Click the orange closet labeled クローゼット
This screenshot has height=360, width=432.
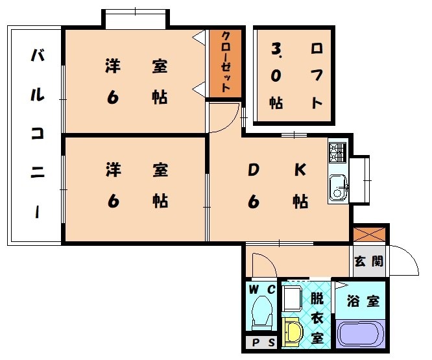pyautogui.click(x=225, y=63)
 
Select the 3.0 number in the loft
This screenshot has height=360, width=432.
pyautogui.click(x=277, y=62)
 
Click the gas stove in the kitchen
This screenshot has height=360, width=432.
pyautogui.click(x=338, y=153)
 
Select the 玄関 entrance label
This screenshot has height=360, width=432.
pyautogui.click(x=368, y=263)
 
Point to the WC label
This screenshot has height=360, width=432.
pyautogui.click(x=261, y=289)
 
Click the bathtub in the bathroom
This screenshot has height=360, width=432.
pyautogui.click(x=361, y=333)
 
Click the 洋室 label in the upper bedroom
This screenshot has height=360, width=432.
pyautogui.click(x=137, y=66)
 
